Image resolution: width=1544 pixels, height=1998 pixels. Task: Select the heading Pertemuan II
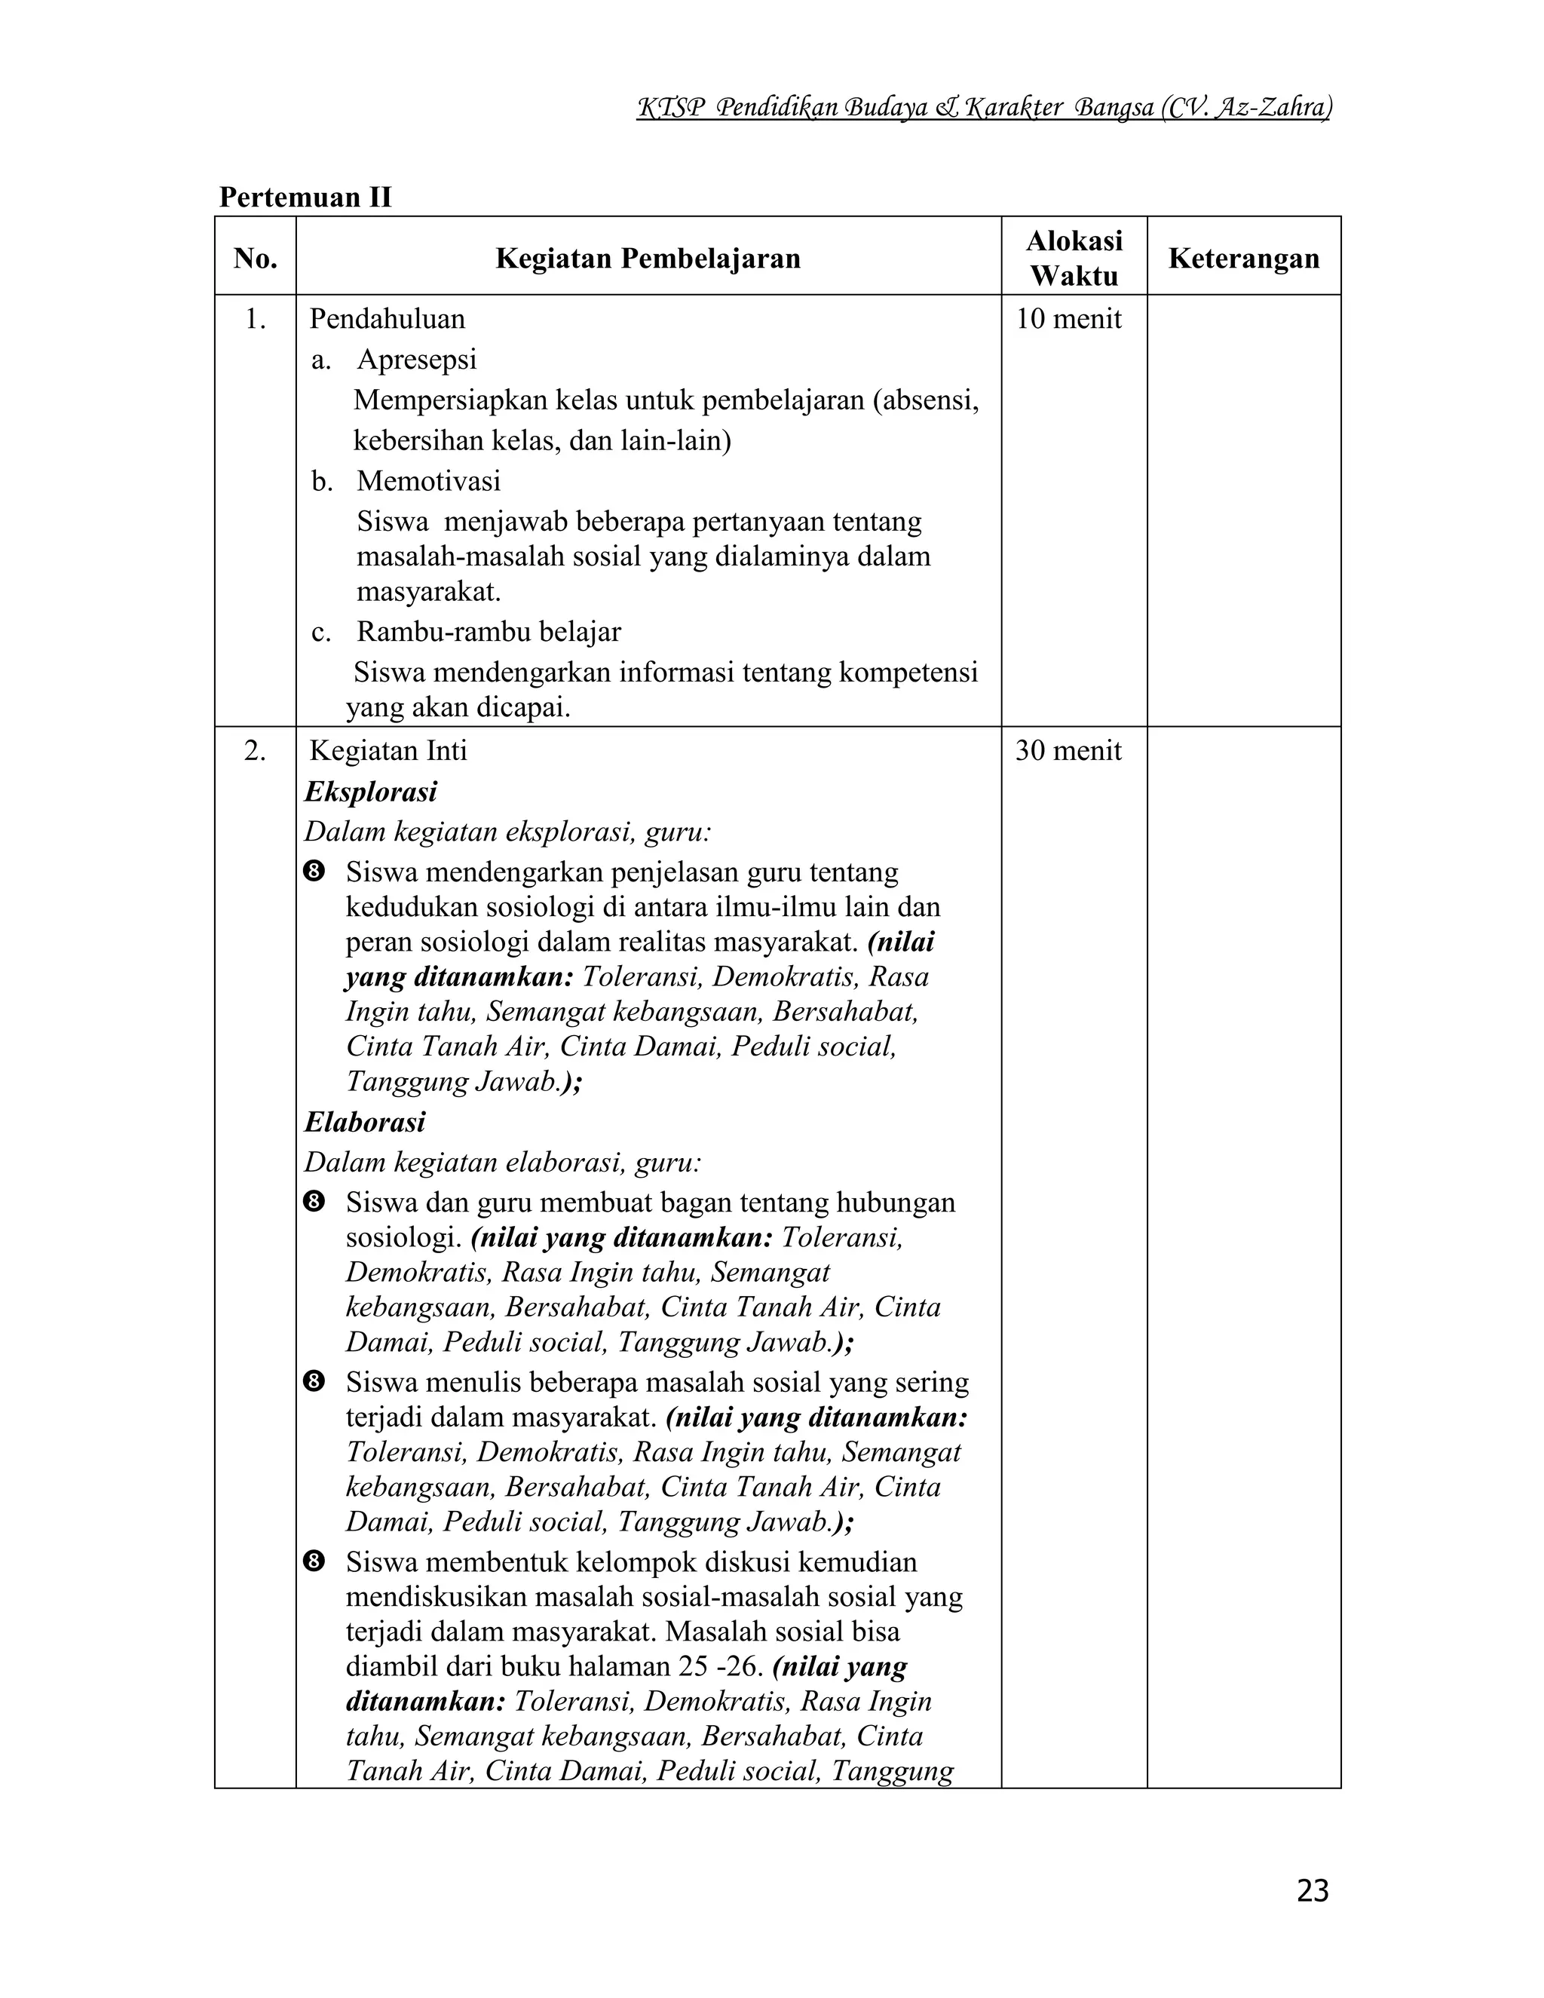coord(305,198)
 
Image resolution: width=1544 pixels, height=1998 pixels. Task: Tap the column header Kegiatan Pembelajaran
coord(648,259)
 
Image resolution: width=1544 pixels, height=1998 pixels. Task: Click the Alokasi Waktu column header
coord(1074,258)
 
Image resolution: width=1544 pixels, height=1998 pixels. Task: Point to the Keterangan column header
coord(1243,259)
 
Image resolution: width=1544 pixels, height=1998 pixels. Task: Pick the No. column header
coord(256,259)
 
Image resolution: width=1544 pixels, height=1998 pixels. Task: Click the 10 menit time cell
coord(1068,319)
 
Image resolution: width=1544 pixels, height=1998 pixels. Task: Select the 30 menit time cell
coord(1068,751)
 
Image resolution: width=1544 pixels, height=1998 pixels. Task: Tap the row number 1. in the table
coord(256,319)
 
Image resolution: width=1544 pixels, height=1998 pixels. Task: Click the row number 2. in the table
coord(256,751)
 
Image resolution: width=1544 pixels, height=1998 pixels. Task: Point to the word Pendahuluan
coord(387,319)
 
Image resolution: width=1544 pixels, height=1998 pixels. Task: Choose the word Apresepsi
coord(417,360)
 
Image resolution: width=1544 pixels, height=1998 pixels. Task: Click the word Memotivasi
coord(428,481)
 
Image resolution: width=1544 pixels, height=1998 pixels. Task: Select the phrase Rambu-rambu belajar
coord(489,632)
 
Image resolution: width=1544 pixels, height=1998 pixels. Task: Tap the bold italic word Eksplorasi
coord(370,792)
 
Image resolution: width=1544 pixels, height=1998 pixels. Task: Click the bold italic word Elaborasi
coord(365,1123)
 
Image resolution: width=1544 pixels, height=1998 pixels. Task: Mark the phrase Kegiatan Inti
coord(388,751)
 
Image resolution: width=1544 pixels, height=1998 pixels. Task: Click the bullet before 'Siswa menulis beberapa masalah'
coord(314,1382)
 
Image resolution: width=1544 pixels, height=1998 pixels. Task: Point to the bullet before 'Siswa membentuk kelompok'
coord(314,1561)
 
